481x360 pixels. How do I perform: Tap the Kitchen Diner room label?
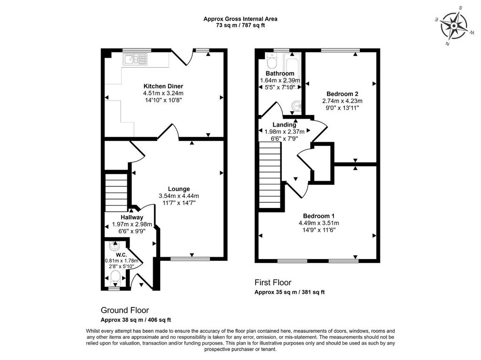163,86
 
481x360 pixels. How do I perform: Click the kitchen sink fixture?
135,59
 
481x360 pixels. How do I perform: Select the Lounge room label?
179,189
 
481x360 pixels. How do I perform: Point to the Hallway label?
132,217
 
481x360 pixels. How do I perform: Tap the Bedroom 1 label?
318,216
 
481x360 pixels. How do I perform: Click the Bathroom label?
280,74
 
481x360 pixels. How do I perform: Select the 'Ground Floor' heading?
125,310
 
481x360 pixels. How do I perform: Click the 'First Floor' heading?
273,283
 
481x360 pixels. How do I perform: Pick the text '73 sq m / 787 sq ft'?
240,25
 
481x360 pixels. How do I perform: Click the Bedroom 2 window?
341,50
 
